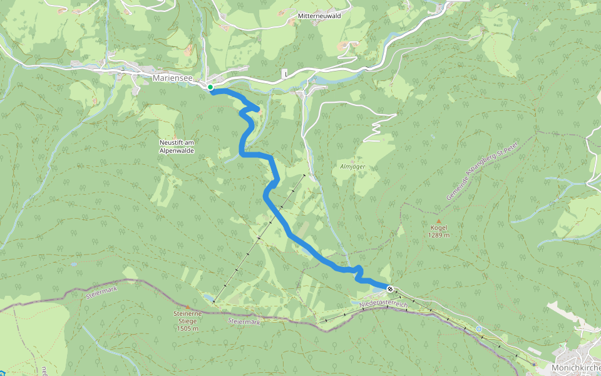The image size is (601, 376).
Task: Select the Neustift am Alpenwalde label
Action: click(177, 147)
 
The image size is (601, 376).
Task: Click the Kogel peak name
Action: click(439, 228)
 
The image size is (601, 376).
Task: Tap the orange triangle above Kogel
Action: click(439, 221)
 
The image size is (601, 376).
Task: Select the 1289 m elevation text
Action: click(439, 236)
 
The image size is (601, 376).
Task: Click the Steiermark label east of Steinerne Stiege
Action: click(244, 321)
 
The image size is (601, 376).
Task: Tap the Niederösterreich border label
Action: click(384, 304)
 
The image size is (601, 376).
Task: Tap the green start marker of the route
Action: click(211, 87)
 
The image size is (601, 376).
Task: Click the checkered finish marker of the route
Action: click(390, 289)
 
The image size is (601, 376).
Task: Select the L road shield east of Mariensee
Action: click(285, 74)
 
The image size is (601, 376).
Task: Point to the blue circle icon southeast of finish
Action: click(479, 328)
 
